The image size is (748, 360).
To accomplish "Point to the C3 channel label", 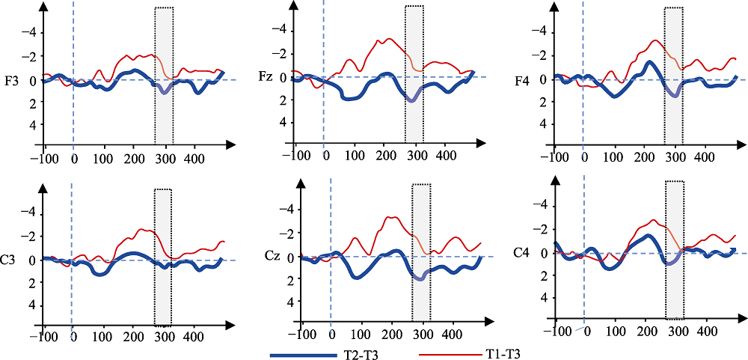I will pos(10,260).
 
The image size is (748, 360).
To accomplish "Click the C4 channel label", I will pos(521,253).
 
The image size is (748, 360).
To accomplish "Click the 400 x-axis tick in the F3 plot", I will pos(194,159).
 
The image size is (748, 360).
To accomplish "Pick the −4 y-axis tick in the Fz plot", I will pos(279,30).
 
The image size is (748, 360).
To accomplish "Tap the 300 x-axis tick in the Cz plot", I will pos(423,335).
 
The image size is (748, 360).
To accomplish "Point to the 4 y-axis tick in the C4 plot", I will pos(542,298).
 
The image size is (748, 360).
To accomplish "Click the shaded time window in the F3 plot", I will pos(164,75).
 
